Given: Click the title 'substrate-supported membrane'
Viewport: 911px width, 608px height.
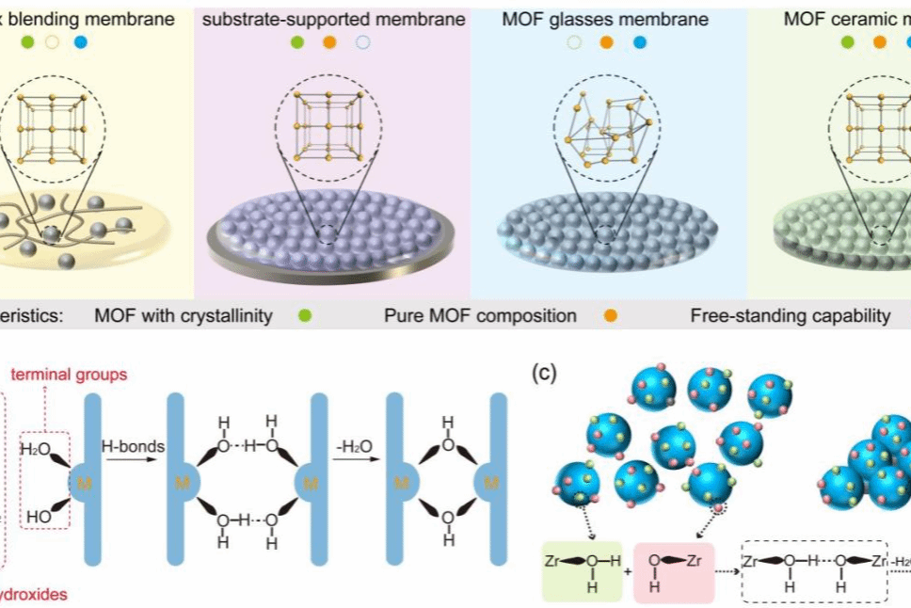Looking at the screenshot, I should (x=334, y=19).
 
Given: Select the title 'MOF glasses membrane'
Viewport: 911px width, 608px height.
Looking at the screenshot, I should (x=606, y=19).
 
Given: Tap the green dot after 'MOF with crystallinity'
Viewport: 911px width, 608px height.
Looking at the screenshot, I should (x=304, y=315).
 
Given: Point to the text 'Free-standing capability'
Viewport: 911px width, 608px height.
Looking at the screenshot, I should (x=790, y=315).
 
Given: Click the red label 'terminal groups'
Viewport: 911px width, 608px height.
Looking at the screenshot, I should (x=69, y=375).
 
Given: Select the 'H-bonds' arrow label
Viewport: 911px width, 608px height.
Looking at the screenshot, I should (x=134, y=444).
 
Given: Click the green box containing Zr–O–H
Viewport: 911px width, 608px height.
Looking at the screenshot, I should (x=581, y=571).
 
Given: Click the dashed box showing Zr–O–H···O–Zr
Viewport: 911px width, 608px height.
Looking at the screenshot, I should (x=815, y=571).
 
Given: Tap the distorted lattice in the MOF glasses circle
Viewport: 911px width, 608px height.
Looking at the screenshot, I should (x=606, y=126).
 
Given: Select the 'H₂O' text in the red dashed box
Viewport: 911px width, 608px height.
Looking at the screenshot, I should (x=38, y=449).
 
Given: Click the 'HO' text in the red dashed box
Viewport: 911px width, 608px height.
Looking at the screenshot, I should (x=38, y=516).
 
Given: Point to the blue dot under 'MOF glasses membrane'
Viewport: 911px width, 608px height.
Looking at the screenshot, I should (x=640, y=42).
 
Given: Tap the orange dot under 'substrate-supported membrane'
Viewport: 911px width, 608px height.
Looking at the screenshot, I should (x=329, y=42).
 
